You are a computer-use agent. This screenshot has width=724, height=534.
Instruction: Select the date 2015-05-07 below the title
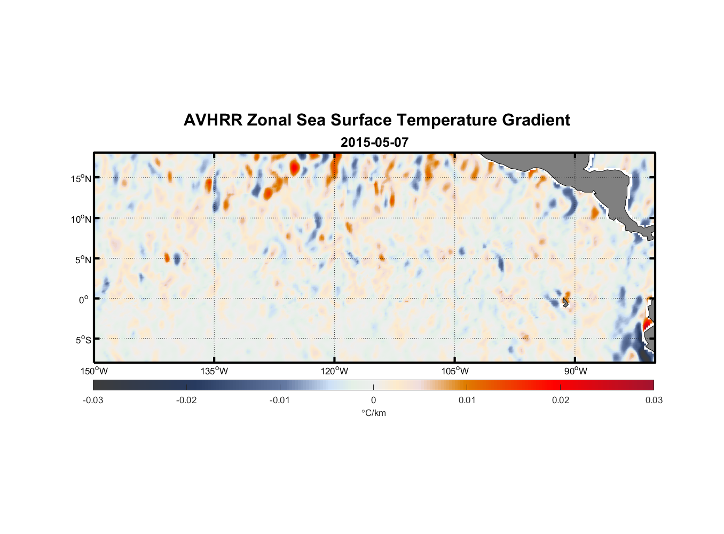(x=374, y=143)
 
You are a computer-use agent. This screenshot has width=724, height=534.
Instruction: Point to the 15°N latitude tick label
(x=81, y=178)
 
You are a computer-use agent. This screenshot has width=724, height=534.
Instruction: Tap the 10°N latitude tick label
(x=81, y=219)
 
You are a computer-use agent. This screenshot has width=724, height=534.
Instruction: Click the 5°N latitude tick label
(x=83, y=260)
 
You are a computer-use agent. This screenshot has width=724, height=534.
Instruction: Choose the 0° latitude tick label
(x=84, y=300)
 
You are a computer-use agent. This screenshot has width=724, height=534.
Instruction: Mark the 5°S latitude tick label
(x=83, y=340)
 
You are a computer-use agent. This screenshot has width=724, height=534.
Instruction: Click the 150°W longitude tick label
(x=94, y=371)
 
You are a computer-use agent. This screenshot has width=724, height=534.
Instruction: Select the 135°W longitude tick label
(x=214, y=371)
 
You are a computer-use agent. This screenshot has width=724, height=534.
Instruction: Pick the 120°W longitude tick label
(x=334, y=371)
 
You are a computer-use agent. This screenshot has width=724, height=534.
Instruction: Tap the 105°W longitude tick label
(x=455, y=371)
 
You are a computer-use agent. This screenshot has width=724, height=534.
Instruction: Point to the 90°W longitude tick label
(x=576, y=371)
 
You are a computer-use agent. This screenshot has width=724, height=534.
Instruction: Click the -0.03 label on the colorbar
(x=93, y=400)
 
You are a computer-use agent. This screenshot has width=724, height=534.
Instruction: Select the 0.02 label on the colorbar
(x=561, y=400)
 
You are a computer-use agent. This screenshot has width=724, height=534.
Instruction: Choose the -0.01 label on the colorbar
(x=280, y=400)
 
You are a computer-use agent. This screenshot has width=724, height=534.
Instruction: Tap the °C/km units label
(x=373, y=413)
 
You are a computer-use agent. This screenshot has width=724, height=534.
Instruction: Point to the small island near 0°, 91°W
(x=565, y=303)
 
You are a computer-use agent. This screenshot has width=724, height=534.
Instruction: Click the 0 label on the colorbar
(x=373, y=400)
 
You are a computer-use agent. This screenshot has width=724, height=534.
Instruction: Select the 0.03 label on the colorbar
(x=654, y=400)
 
